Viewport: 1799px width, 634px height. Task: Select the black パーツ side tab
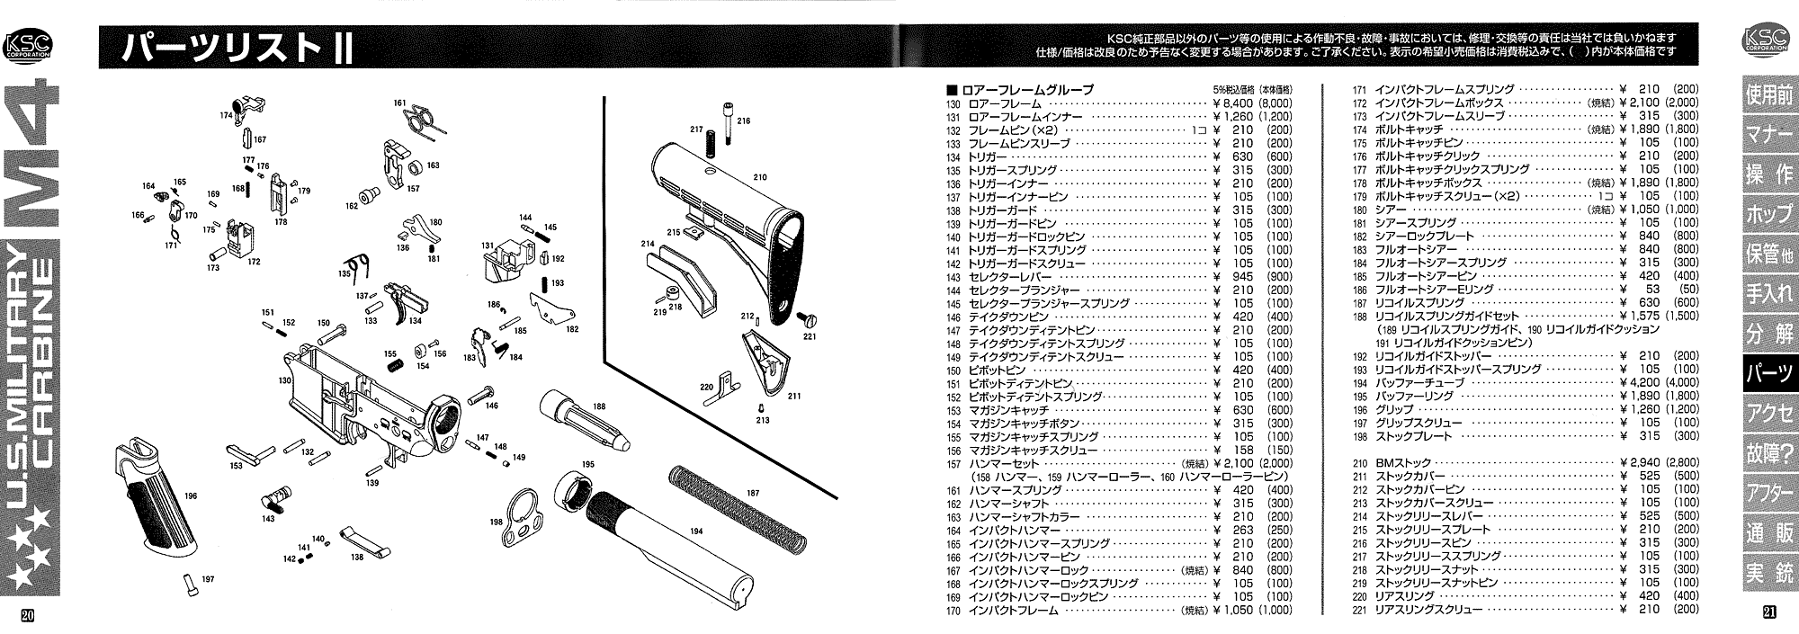1768,375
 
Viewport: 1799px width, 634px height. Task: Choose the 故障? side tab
1768,453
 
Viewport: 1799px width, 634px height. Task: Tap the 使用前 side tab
1768,95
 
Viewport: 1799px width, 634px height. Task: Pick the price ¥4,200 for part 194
1639,383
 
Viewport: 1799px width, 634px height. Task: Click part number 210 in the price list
1360,463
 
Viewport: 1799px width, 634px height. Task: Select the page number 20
27,615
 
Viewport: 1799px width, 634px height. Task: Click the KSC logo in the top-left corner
28,45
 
